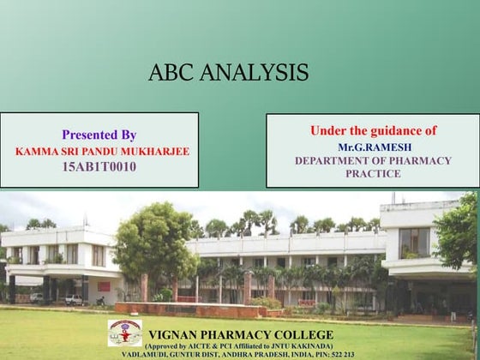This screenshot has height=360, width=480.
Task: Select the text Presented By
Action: click(99, 135)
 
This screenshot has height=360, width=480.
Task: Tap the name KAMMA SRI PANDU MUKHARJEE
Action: click(102, 151)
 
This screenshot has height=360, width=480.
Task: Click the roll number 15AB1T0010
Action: click(99, 166)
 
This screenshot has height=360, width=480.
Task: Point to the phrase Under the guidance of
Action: click(373, 130)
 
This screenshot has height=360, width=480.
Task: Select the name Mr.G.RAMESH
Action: click(373, 147)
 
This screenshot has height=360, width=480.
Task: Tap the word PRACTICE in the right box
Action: click(373, 173)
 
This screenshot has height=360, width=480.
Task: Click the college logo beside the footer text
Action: click(125, 332)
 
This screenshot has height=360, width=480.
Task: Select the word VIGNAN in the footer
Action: click(177, 333)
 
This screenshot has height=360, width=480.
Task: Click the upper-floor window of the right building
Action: click(413, 242)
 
